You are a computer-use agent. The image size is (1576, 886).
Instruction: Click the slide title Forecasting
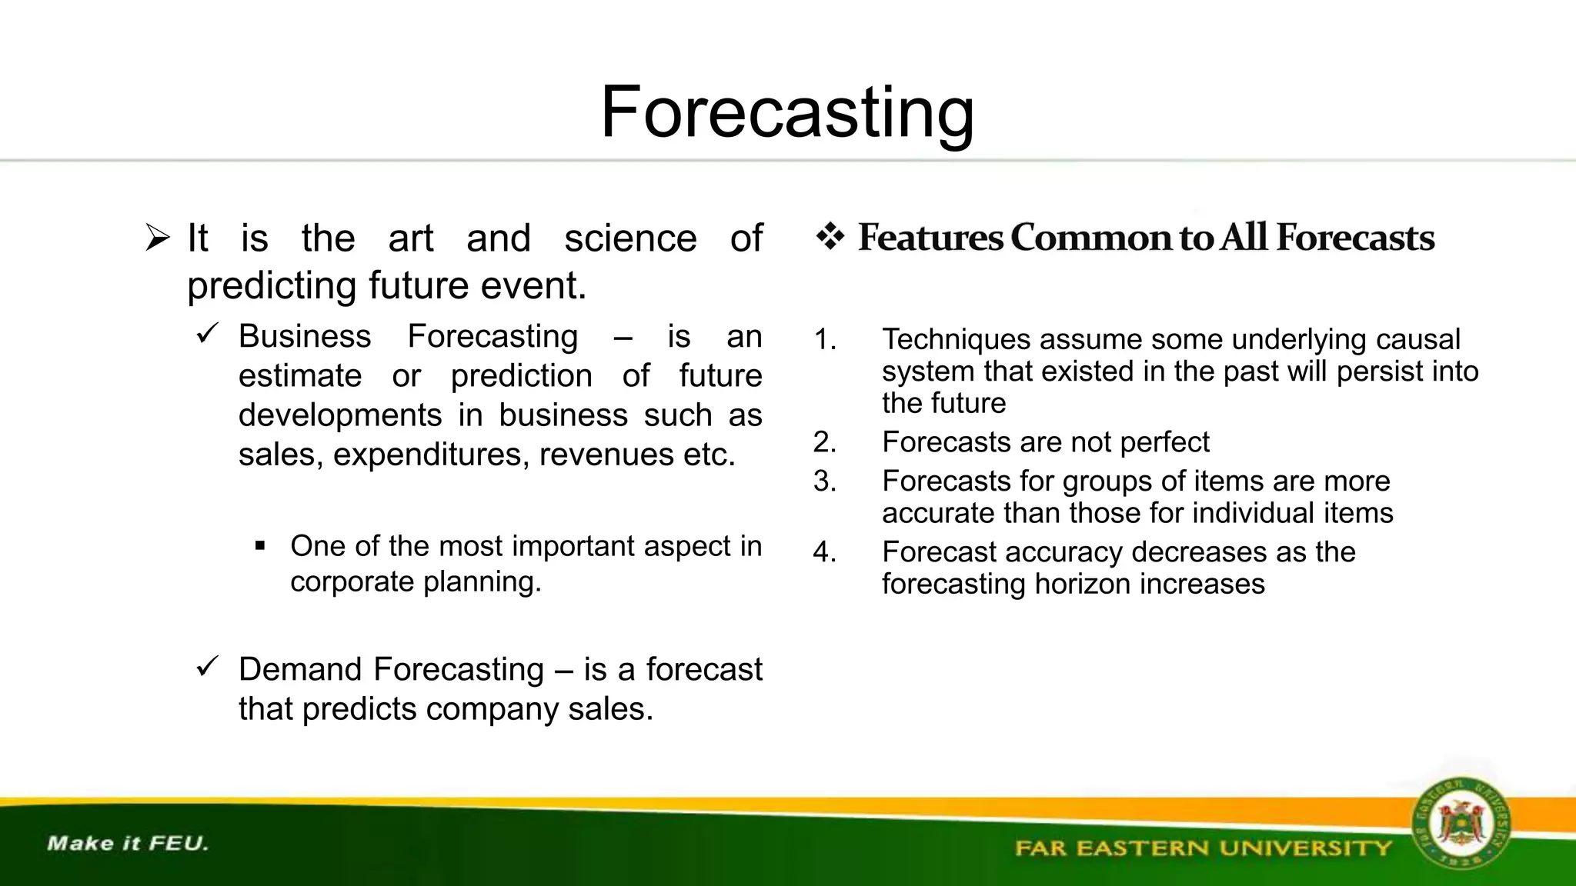[787, 113]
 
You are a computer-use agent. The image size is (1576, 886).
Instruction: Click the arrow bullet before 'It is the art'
[158, 238]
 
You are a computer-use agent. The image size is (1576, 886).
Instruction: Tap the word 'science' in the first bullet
[630, 238]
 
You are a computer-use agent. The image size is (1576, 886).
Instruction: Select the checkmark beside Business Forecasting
[208, 334]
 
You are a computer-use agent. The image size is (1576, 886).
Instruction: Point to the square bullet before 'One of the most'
[260, 547]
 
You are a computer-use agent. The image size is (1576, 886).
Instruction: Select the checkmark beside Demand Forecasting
[208, 666]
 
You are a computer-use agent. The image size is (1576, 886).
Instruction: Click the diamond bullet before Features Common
[830, 236]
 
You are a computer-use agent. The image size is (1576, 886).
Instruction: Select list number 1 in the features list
[825, 340]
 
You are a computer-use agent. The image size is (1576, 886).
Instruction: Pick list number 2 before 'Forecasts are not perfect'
[825, 442]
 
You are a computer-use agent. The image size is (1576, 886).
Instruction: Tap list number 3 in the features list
[825, 481]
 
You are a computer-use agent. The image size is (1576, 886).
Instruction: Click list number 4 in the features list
[825, 552]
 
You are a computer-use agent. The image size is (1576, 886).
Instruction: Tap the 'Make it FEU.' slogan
[128, 843]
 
